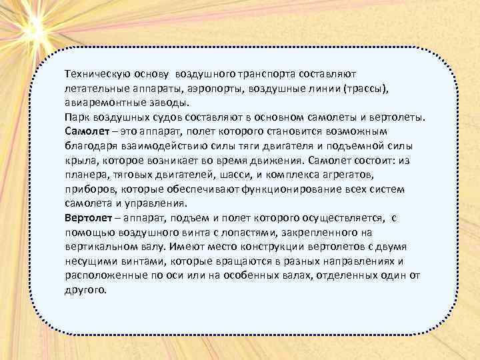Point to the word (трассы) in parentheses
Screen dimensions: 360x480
(369, 89)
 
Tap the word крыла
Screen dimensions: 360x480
(79, 161)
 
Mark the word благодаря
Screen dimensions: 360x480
(90, 146)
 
